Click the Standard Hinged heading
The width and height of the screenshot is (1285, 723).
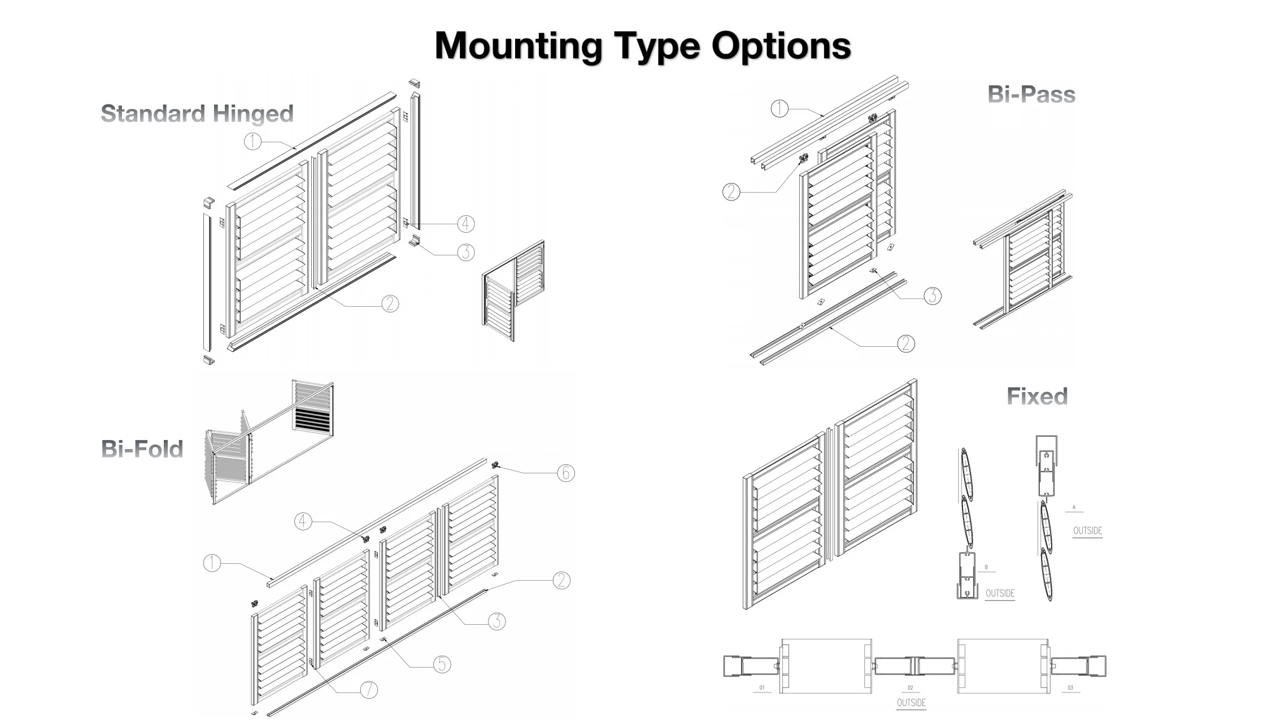pyautogui.click(x=197, y=114)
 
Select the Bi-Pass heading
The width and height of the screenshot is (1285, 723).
pyautogui.click(x=1031, y=94)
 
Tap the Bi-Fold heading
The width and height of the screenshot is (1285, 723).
pyautogui.click(x=142, y=449)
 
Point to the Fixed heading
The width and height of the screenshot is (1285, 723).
pyautogui.click(x=1037, y=396)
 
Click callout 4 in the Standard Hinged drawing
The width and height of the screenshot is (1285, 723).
pyautogui.click(x=465, y=224)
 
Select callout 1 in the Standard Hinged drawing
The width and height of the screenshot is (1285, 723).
pyautogui.click(x=252, y=141)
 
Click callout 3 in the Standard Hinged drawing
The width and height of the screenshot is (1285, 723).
pyautogui.click(x=465, y=252)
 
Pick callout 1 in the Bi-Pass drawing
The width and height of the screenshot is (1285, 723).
pyautogui.click(x=779, y=108)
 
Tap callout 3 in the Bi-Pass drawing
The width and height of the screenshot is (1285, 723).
pyautogui.click(x=933, y=295)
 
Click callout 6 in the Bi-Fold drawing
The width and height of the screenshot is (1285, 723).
pyautogui.click(x=566, y=473)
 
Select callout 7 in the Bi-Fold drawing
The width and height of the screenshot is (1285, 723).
pyautogui.click(x=369, y=689)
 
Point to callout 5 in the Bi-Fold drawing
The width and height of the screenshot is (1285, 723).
pyautogui.click(x=442, y=664)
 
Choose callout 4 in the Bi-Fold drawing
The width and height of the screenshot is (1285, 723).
pyautogui.click(x=303, y=521)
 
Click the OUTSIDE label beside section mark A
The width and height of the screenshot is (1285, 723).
pyautogui.click(x=1087, y=531)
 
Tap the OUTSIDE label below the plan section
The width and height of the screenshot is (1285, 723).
pyautogui.click(x=911, y=703)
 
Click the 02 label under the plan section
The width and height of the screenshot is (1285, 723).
pyautogui.click(x=910, y=687)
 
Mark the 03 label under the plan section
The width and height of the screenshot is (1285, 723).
pyautogui.click(x=1070, y=687)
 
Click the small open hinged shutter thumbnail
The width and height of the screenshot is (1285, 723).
pyautogui.click(x=513, y=291)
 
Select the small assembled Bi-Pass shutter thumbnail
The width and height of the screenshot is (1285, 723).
pyautogui.click(x=1023, y=260)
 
